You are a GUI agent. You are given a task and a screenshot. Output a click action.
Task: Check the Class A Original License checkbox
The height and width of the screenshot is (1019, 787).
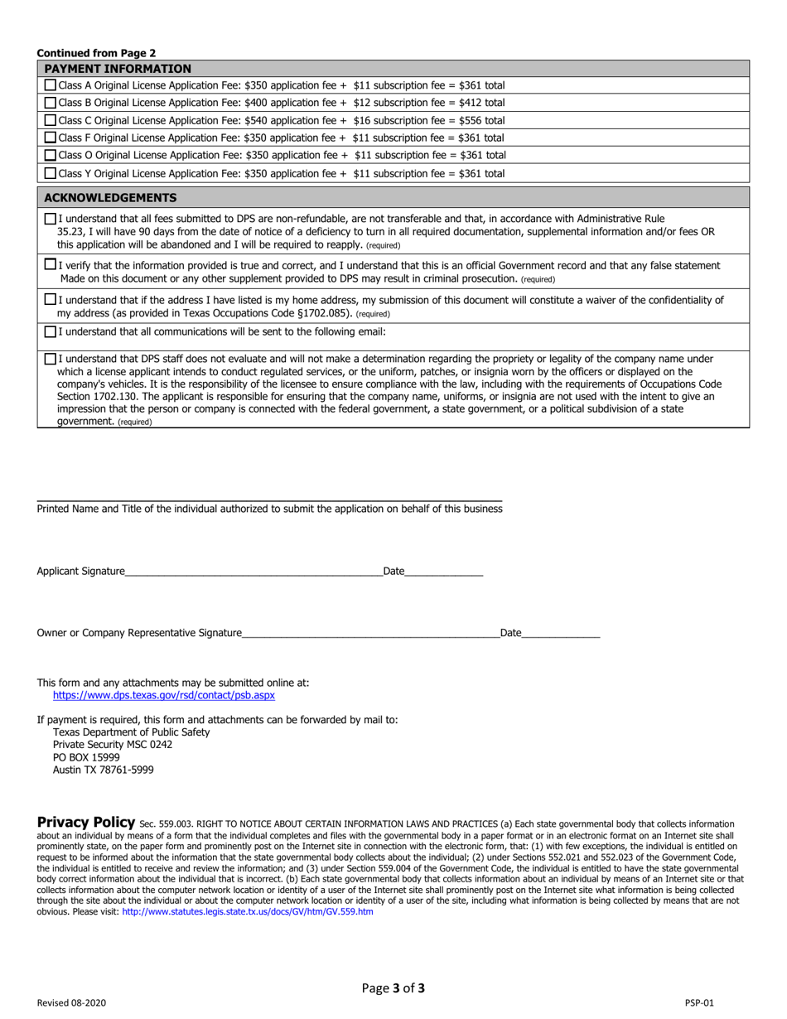51,85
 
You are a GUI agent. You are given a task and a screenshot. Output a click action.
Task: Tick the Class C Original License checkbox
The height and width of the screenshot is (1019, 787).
51,121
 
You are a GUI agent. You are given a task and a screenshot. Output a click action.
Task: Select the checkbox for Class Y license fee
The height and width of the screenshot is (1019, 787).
51,174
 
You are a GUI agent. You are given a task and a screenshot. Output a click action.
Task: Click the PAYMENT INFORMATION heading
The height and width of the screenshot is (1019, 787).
117,69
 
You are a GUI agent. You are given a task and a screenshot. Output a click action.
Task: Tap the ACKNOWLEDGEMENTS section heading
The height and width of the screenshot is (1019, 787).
109,198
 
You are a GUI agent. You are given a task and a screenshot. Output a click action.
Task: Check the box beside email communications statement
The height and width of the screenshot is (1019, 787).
51,332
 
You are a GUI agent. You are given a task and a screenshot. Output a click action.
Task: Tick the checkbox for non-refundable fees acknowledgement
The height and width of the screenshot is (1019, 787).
51,220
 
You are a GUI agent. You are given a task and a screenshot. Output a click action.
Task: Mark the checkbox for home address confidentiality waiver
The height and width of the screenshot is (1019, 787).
51,300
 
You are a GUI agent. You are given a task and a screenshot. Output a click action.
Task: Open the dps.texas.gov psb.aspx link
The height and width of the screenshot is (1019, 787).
163,696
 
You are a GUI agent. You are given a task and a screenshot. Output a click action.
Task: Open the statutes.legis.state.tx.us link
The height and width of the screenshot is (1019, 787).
247,911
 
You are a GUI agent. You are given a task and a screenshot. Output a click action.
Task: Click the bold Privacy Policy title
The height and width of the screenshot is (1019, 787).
86,823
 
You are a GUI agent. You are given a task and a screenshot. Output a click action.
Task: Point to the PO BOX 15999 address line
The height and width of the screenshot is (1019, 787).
86,757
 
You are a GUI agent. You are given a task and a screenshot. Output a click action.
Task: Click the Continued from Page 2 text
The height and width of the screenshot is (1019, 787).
96,52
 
